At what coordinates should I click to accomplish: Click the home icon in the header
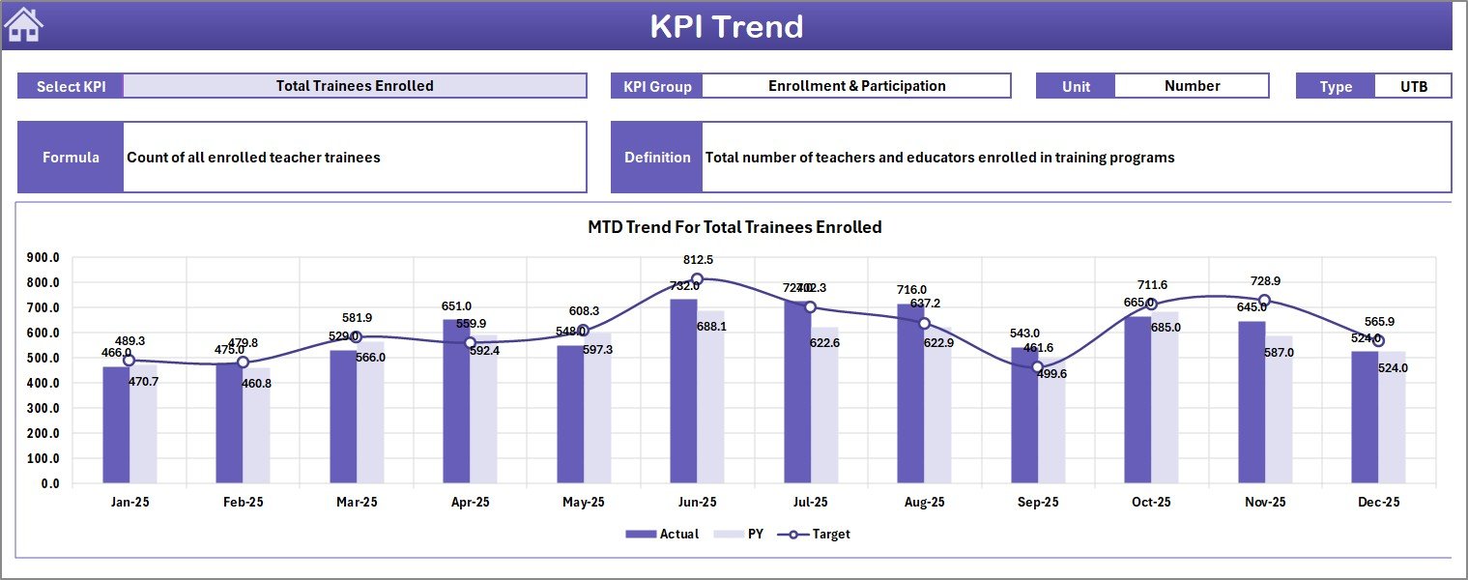[24, 25]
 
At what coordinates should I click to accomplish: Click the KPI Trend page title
[726, 26]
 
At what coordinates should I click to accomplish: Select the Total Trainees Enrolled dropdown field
[355, 86]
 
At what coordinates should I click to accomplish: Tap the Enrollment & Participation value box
[856, 86]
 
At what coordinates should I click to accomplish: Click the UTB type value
[1413, 86]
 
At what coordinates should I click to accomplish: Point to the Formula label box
[71, 158]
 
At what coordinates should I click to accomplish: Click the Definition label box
[657, 158]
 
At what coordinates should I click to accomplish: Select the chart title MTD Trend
[734, 227]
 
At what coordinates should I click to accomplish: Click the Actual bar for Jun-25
[683, 391]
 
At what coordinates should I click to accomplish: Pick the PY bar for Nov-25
[1279, 410]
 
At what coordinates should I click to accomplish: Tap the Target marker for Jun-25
[697, 279]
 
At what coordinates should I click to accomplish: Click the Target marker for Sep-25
[1037, 367]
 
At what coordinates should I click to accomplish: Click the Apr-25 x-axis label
[470, 503]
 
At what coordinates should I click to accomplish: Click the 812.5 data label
[697, 260]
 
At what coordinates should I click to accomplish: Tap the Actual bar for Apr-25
[456, 401]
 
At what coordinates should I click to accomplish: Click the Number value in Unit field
[1192, 86]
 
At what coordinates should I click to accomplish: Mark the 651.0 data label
[456, 306]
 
